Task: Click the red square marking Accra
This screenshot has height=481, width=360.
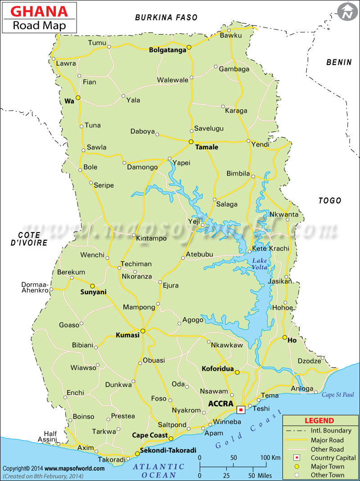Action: [x=241, y=409]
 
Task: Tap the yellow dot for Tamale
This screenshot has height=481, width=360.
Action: [x=191, y=141]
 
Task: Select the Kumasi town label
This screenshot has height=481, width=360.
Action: [x=128, y=335]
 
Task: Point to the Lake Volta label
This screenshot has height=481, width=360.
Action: [x=260, y=264]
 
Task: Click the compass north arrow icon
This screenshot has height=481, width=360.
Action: [x=347, y=12]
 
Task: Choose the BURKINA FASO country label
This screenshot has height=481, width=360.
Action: [x=166, y=18]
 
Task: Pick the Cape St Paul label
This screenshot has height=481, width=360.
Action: [x=337, y=395]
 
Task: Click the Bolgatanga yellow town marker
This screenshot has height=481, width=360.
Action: [x=189, y=47]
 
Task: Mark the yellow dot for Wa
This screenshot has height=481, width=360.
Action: [x=78, y=98]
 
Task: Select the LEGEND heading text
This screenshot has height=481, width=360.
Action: [x=319, y=421]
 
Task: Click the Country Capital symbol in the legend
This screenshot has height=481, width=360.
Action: [x=297, y=458]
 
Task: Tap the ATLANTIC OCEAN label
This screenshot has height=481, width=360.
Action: [x=158, y=471]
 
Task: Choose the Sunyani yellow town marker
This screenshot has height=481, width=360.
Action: [x=92, y=286]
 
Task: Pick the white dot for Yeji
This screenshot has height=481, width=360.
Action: [x=202, y=225]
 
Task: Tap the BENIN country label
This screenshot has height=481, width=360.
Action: [x=339, y=62]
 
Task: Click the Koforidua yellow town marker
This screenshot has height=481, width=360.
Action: [x=237, y=372]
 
